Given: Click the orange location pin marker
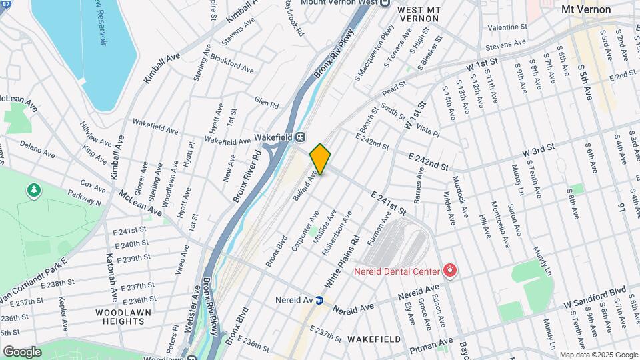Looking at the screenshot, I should (x=321, y=159).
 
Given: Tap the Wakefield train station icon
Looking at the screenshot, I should (x=301, y=137).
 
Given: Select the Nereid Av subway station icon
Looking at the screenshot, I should (x=319, y=300).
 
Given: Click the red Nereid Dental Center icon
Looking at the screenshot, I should (x=450, y=271).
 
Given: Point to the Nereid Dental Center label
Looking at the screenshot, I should (x=397, y=271).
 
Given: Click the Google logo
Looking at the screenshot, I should (x=22, y=351).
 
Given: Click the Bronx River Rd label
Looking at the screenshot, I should (x=246, y=176).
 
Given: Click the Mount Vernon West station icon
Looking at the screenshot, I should (x=385, y=3).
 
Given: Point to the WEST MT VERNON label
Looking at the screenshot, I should (x=418, y=14).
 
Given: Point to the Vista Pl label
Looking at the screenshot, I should (x=427, y=129).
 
